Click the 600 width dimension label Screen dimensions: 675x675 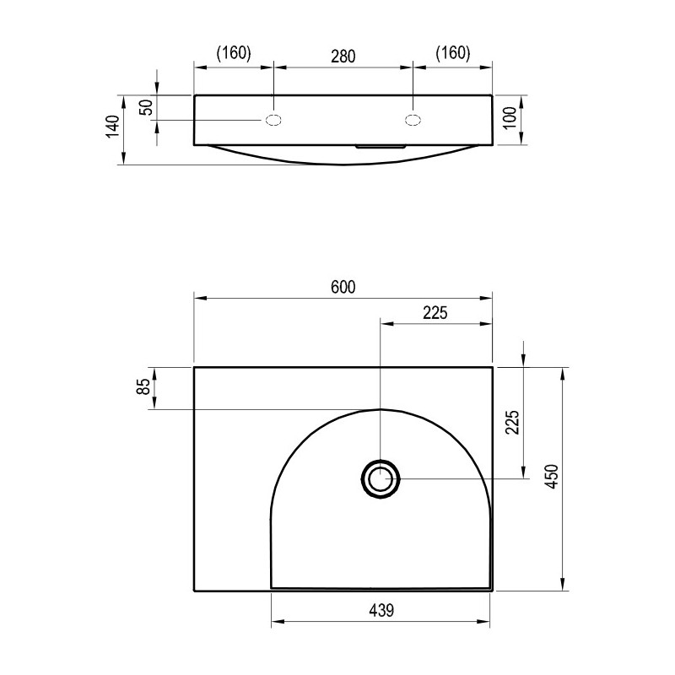[x=343, y=287]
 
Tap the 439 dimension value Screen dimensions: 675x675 [x=381, y=610]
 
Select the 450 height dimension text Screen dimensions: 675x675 [x=552, y=476]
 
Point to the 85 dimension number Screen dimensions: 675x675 [x=144, y=386]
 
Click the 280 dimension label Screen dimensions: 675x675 [x=343, y=57]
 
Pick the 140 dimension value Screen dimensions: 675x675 [x=112, y=126]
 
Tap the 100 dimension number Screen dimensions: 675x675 [x=510, y=117]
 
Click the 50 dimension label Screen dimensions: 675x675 [x=147, y=107]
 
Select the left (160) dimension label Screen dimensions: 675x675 [x=234, y=53]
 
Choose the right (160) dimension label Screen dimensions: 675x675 [x=453, y=53]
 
